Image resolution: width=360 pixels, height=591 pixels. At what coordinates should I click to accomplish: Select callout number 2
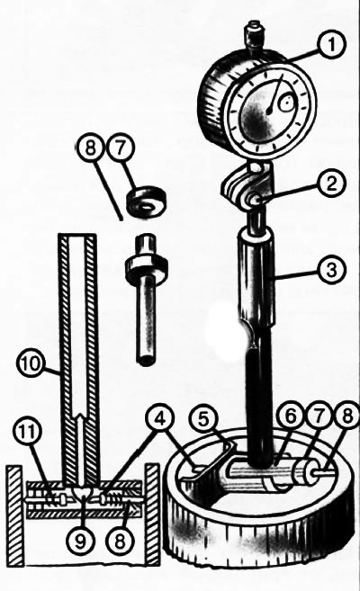(x=330, y=184)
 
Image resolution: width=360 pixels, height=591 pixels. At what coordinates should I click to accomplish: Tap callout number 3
(x=330, y=270)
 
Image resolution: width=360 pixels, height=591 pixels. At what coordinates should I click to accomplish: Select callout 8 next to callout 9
(x=120, y=542)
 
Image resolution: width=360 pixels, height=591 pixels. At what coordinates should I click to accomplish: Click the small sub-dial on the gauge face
(x=286, y=102)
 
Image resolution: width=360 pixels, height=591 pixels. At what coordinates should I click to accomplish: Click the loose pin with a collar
(x=146, y=299)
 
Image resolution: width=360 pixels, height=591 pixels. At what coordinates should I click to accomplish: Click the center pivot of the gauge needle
(x=269, y=112)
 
